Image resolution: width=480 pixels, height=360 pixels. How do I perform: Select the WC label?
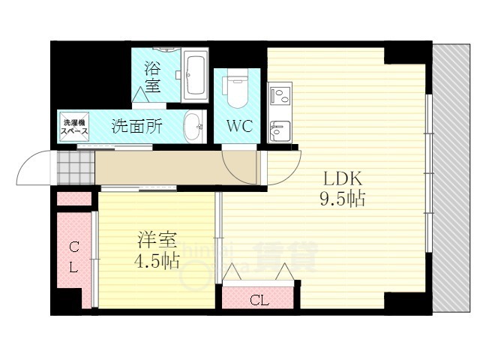tap(238, 124)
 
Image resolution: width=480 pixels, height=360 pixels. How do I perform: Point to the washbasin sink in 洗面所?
tap(192, 126)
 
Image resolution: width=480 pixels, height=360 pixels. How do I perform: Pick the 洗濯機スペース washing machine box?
tap(74, 127)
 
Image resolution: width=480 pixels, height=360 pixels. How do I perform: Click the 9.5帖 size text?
tap(344, 200)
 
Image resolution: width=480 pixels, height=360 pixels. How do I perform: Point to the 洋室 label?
tap(156, 241)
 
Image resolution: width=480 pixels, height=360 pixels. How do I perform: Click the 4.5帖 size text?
tap(156, 262)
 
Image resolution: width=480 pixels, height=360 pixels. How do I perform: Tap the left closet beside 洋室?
tap(74, 256)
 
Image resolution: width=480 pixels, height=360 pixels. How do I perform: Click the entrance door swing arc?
tap(34, 169)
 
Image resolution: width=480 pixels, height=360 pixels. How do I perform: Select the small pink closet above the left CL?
tap(73, 199)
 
